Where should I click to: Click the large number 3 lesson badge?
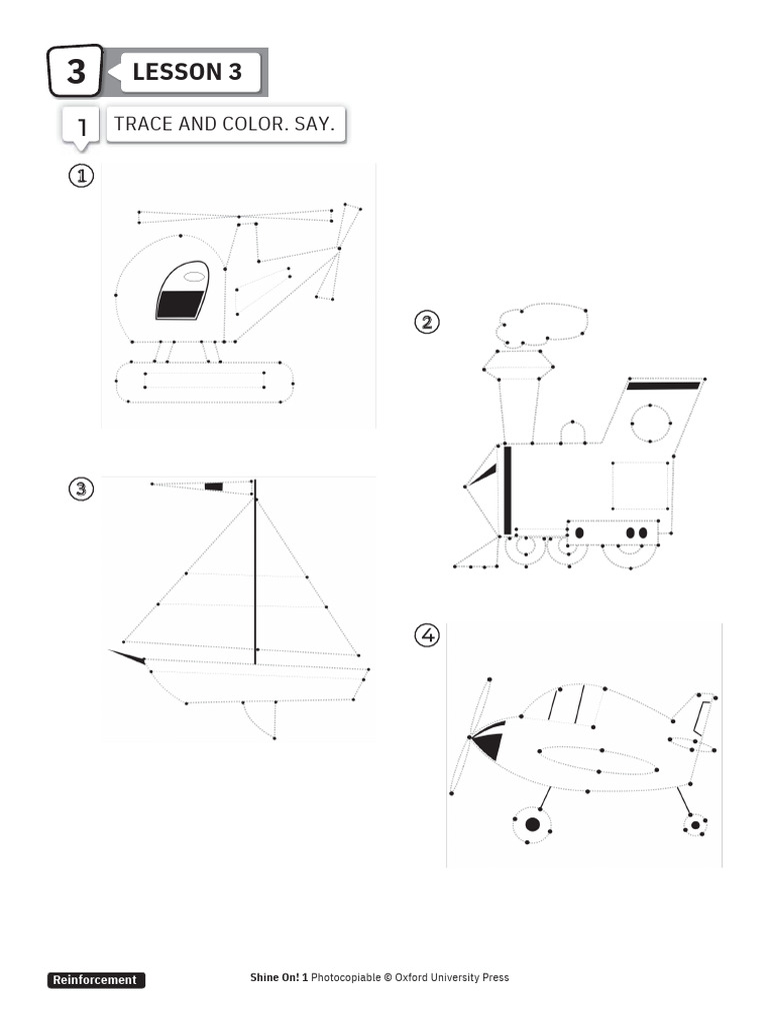(75, 72)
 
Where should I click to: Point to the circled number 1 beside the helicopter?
(80, 176)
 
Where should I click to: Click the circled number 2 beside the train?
(427, 322)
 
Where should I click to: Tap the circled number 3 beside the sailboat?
(81, 489)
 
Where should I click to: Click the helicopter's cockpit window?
(183, 291)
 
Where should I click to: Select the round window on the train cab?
(651, 425)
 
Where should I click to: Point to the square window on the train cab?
(639, 485)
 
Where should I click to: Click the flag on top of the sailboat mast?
(213, 487)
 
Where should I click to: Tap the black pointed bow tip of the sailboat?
(128, 656)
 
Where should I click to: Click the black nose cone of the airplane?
(488, 744)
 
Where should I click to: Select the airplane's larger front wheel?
(532, 824)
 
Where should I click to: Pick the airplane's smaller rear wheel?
(695, 824)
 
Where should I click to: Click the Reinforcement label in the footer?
(96, 980)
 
